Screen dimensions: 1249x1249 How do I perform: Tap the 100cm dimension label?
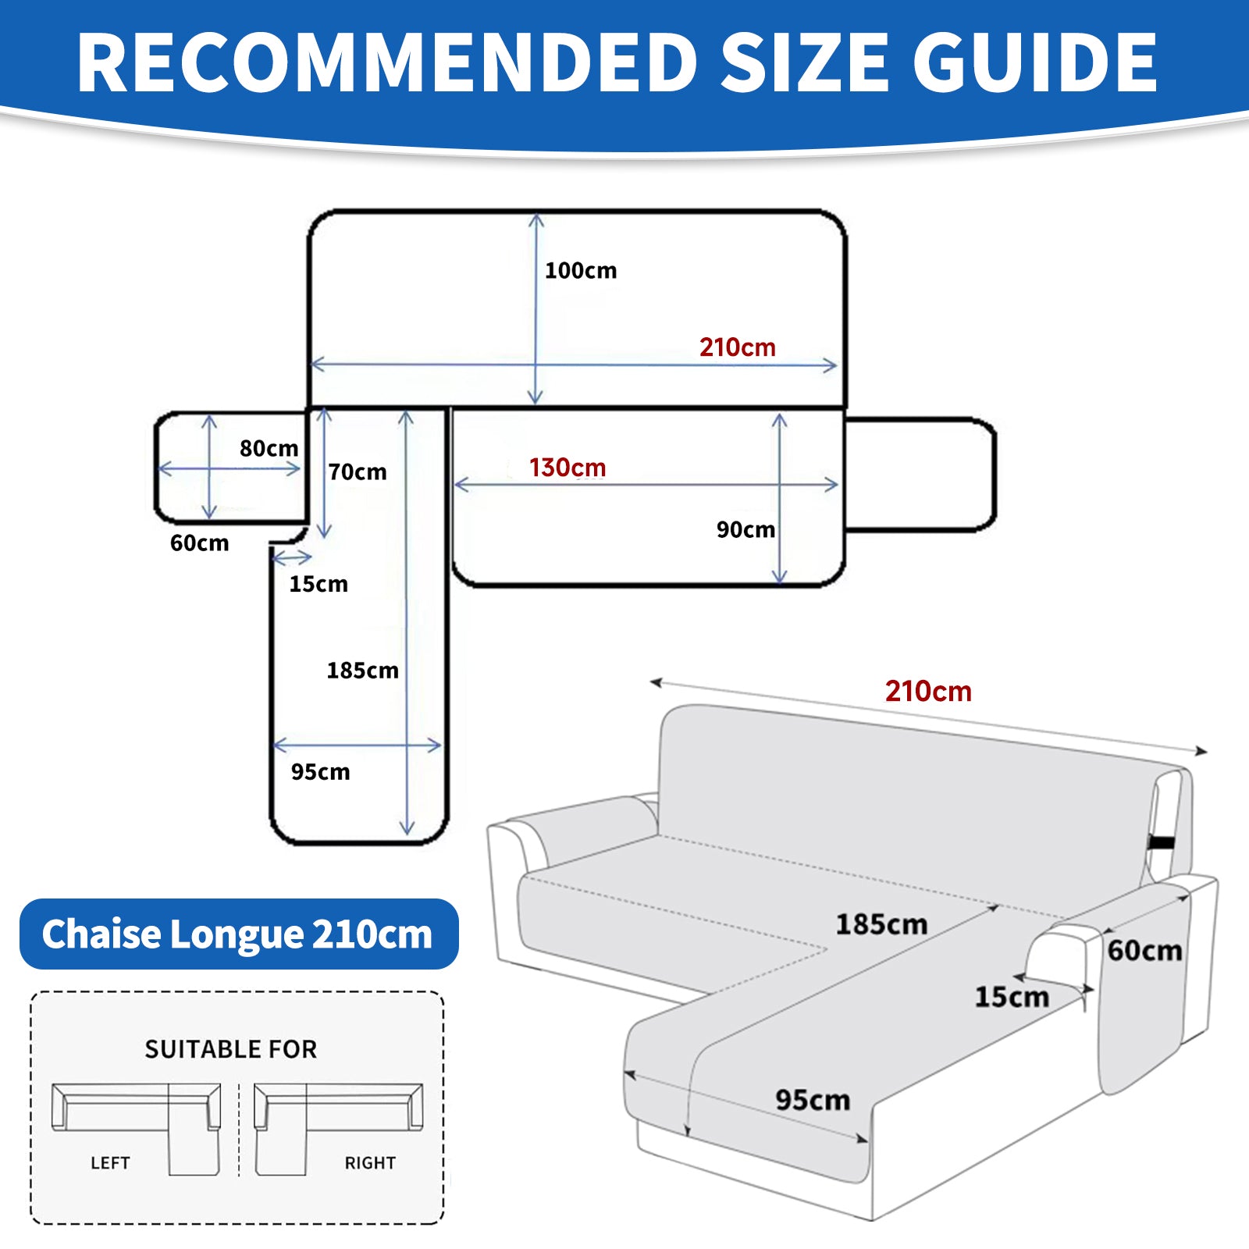(x=581, y=271)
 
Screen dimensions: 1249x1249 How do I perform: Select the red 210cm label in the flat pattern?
(x=737, y=347)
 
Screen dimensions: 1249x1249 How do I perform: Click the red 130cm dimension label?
(x=568, y=468)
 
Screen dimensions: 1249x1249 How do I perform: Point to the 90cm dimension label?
(x=745, y=530)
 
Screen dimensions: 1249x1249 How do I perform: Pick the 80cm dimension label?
(x=269, y=449)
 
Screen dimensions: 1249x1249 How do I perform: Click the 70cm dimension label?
(x=358, y=472)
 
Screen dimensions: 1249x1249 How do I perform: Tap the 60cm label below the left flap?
(x=200, y=543)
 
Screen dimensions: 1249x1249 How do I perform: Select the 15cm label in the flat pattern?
(x=318, y=584)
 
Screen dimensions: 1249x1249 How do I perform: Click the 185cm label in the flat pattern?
(x=362, y=671)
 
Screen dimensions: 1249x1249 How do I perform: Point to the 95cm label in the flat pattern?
(x=320, y=772)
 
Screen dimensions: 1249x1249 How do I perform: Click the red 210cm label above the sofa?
(x=928, y=692)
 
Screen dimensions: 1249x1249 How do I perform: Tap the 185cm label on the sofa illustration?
(x=881, y=924)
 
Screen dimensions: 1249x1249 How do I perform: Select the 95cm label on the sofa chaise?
(x=813, y=1100)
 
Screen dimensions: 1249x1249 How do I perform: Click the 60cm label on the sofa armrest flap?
(x=1144, y=951)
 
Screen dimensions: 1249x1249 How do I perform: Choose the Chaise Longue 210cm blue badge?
(x=238, y=934)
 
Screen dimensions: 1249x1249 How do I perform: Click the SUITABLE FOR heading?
(x=231, y=1049)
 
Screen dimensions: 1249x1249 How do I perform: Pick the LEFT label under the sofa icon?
(x=110, y=1163)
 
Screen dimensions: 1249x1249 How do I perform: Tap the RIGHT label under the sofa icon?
(x=370, y=1163)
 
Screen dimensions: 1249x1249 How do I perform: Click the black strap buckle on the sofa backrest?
(x=1162, y=843)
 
